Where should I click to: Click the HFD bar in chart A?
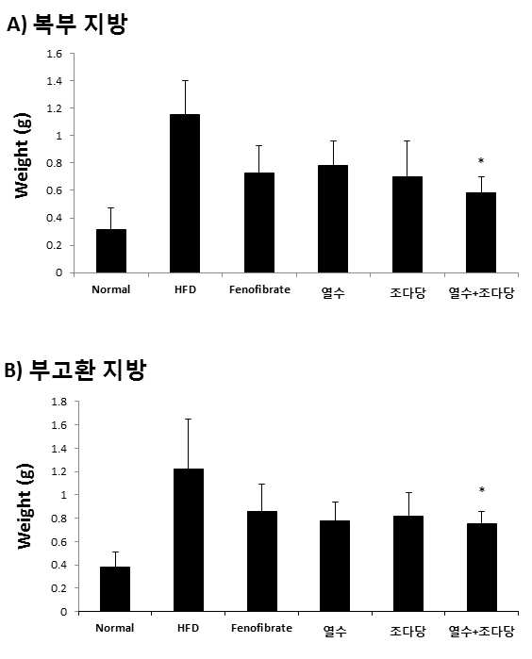pyautogui.click(x=185, y=193)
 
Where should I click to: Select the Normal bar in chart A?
pyautogui.click(x=111, y=251)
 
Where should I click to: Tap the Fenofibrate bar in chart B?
pyautogui.click(x=262, y=561)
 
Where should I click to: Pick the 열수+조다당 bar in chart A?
pyautogui.click(x=481, y=233)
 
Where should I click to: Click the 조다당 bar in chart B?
pyautogui.click(x=408, y=564)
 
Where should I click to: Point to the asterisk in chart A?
pyautogui.click(x=481, y=160)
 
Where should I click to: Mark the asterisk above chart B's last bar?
pyautogui.click(x=482, y=489)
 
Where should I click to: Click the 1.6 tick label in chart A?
pyautogui.click(x=55, y=54)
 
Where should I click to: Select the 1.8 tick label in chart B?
pyautogui.click(x=58, y=402)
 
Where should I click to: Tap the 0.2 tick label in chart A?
pyautogui.click(x=55, y=245)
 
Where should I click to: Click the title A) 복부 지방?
pyautogui.click(x=66, y=25)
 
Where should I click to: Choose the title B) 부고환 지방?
pyautogui.click(x=75, y=370)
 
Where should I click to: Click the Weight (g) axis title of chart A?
pyautogui.click(x=22, y=156)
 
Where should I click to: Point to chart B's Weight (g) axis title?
pyautogui.click(x=25, y=506)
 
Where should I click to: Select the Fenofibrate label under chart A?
pyautogui.click(x=259, y=289)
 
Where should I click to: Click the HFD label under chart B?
pyautogui.click(x=188, y=628)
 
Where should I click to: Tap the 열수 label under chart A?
pyautogui.click(x=333, y=292)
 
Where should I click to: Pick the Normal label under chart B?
pyautogui.click(x=115, y=628)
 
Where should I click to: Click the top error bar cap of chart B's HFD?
pyautogui.click(x=189, y=419)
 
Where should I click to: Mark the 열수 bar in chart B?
pyautogui.click(x=335, y=566)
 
